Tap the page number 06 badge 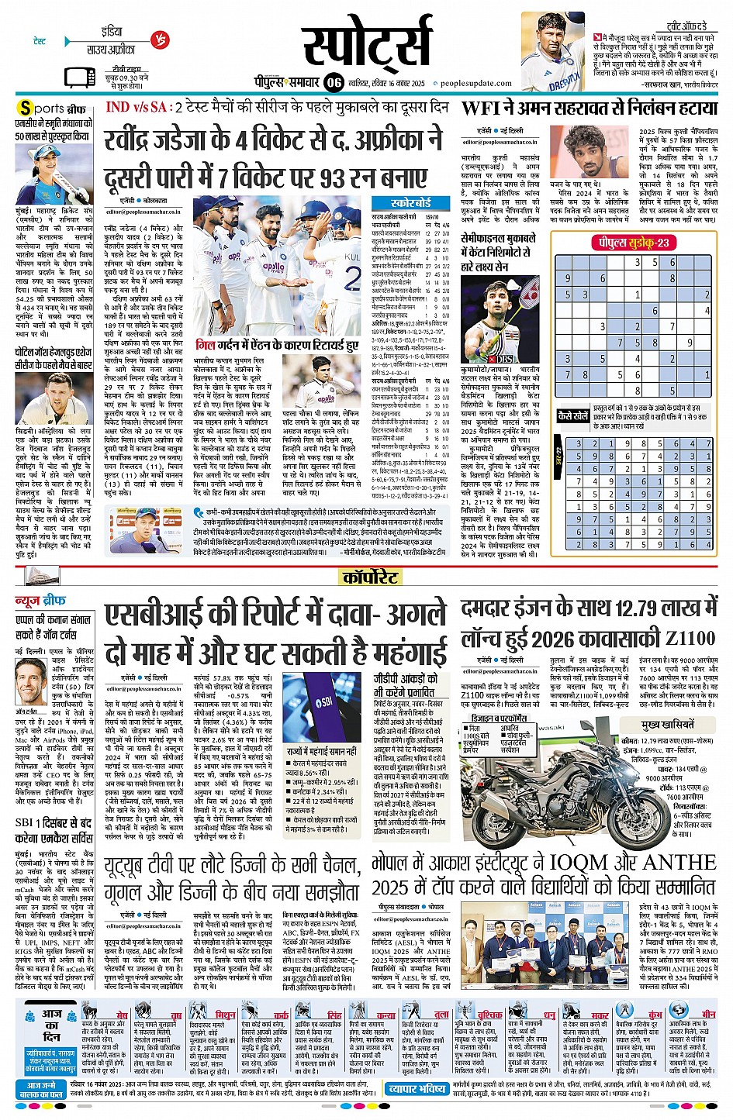click(x=334, y=82)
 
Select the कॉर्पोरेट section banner click(x=370, y=577)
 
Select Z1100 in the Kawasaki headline click(x=690, y=639)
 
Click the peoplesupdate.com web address click(x=476, y=84)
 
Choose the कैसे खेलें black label click(x=573, y=415)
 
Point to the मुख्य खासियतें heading click(x=666, y=725)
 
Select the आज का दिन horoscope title click(x=51, y=1025)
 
